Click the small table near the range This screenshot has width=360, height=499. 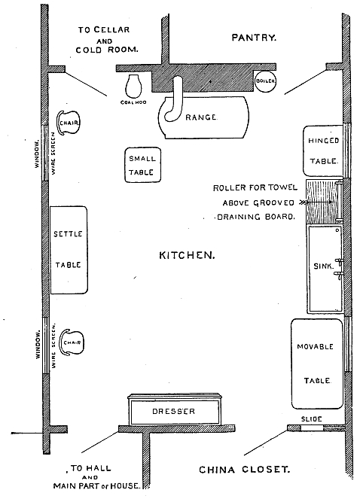(x=142, y=166)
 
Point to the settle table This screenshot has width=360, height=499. (x=68, y=249)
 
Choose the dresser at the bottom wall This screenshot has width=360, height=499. (x=174, y=411)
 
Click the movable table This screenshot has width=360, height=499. (x=317, y=363)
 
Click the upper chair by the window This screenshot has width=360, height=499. (x=69, y=123)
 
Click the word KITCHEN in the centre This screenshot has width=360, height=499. (x=187, y=255)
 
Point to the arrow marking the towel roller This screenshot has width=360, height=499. (x=305, y=202)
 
